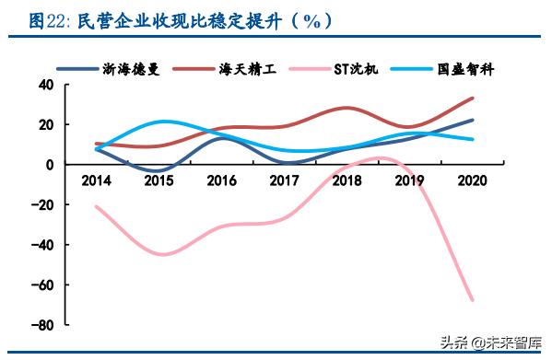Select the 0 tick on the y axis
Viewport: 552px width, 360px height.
pyautogui.click(x=52, y=165)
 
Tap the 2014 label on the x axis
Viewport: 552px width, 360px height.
pyautogui.click(x=95, y=179)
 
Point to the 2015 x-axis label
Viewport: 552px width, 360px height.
pyautogui.click(x=159, y=179)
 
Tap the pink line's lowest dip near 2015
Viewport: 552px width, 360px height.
pyautogui.click(x=161, y=254)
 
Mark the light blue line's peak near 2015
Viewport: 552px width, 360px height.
pyautogui.click(x=160, y=122)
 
